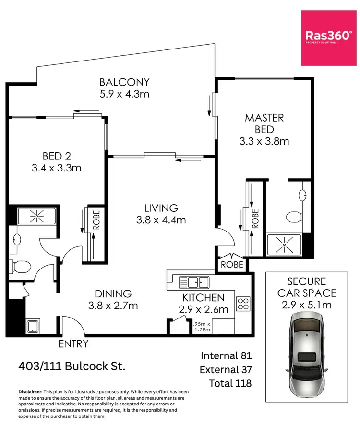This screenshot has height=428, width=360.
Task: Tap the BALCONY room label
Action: pyautogui.click(x=124, y=82)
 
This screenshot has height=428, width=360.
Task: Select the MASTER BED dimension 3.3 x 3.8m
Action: pyautogui.click(x=264, y=142)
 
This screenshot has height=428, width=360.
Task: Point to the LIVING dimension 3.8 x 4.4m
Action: pyautogui.click(x=161, y=220)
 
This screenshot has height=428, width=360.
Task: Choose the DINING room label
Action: pyautogui.click(x=113, y=293)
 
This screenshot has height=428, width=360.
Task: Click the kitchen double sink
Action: pyautogui.click(x=194, y=281)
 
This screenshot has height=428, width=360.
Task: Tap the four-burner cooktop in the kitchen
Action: pyautogui.click(x=243, y=304)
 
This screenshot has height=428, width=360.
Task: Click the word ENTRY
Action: pyautogui.click(x=73, y=343)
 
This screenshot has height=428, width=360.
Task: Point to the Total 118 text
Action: pyautogui.click(x=230, y=383)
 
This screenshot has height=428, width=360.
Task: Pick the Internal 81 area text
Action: pyautogui.click(x=226, y=355)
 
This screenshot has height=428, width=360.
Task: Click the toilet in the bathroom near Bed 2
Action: pyautogui.click(x=21, y=265)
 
